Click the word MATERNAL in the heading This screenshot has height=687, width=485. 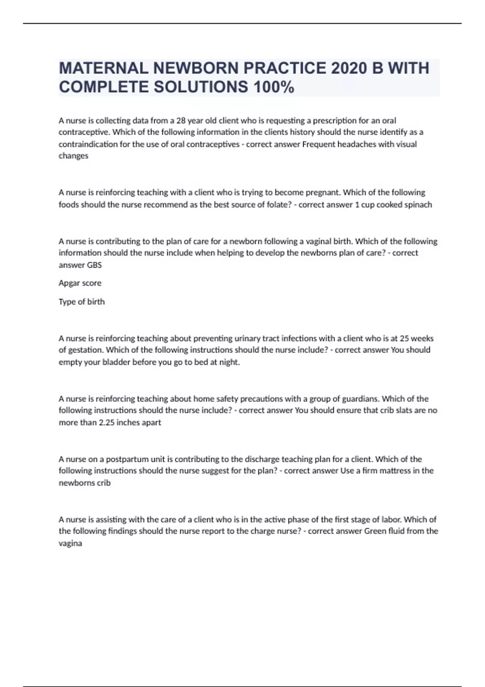tap(103, 68)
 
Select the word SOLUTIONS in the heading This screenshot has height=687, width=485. tap(201, 87)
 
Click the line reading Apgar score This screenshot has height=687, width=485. tap(80, 283)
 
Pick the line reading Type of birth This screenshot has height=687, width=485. tap(82, 301)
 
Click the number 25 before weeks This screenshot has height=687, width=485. tap(405, 338)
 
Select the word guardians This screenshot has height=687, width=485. tap(361, 399)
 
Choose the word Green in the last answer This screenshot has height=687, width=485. tap(375, 531)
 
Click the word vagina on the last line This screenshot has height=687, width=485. tap(70, 543)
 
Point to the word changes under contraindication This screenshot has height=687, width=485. tap(73, 156)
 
